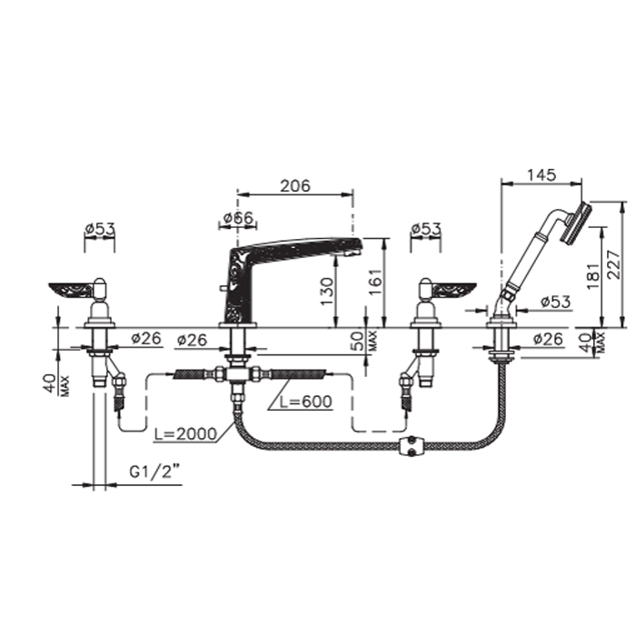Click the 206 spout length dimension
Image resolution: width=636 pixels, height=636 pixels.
pos(295,185)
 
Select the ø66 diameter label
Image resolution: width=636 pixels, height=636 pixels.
pos(238,218)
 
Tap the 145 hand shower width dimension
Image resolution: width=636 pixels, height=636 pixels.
pos(542,174)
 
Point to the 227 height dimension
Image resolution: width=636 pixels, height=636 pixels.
pos(614,264)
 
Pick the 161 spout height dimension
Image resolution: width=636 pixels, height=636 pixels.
pos(376,281)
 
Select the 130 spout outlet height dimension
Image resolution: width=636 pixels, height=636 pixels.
pos(326,292)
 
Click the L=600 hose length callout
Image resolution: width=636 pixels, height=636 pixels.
pos(306,402)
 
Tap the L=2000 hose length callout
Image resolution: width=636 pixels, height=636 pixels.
pos(185,434)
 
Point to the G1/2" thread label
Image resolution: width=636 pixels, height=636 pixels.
pos(154,472)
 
